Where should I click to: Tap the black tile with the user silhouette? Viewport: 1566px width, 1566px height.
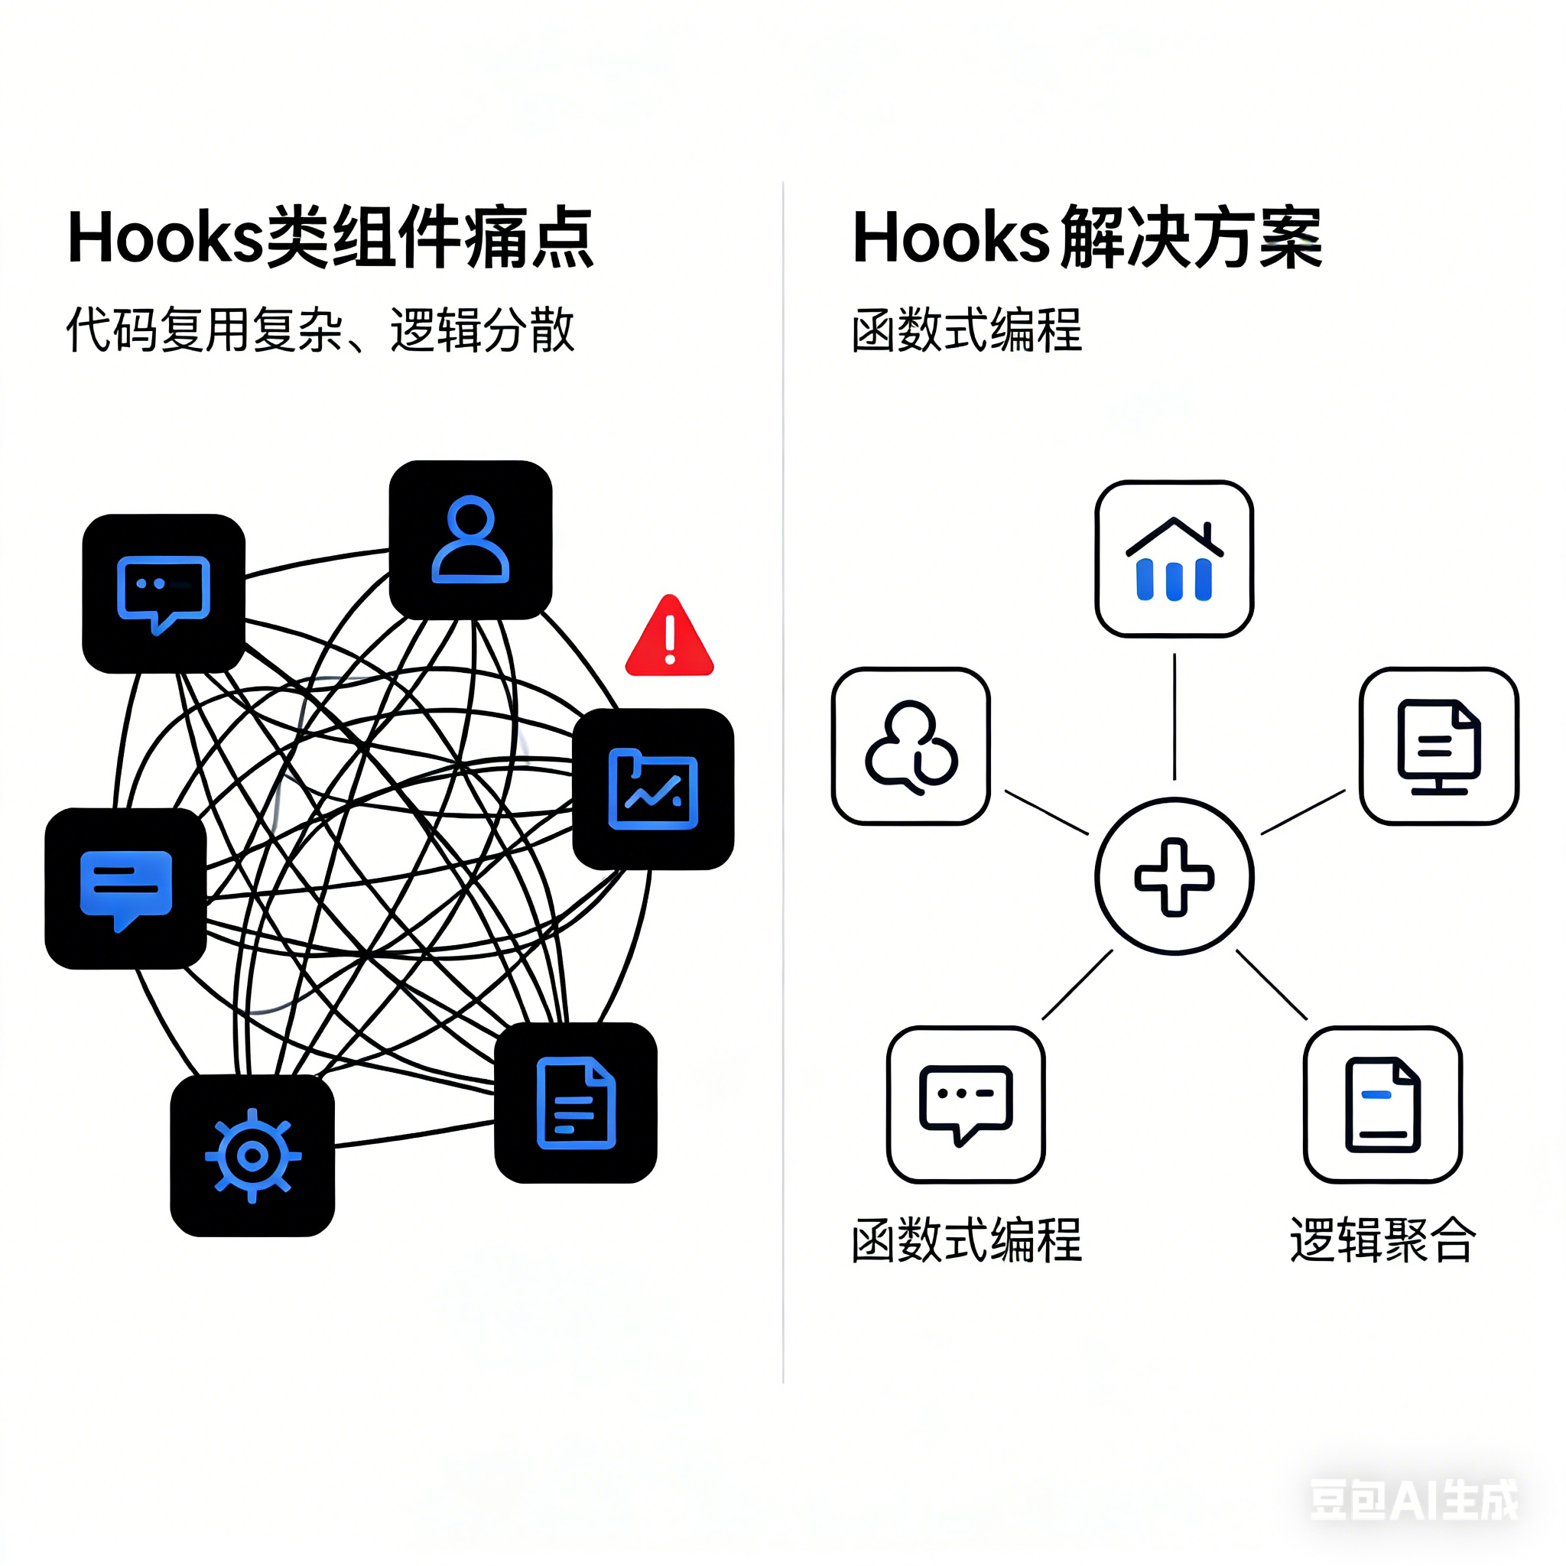[471, 540]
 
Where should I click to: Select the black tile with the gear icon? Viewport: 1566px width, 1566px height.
[252, 1156]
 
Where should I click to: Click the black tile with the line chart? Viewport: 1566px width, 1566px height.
[653, 789]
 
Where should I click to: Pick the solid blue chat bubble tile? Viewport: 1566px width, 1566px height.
[125, 889]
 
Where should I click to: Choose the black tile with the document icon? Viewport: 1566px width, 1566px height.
[576, 1103]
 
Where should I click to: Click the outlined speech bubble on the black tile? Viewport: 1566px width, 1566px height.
[164, 593]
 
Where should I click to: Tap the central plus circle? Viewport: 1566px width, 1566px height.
[1174, 877]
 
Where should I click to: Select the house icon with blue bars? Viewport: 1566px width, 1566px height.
[1174, 559]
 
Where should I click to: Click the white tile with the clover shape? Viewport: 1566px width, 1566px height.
[911, 746]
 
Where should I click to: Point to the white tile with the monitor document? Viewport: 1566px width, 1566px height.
[1439, 746]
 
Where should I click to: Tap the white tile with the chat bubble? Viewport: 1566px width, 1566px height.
[967, 1105]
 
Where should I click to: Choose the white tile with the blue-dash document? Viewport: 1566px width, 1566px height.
[1382, 1105]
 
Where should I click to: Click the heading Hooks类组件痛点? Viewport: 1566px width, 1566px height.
[330, 238]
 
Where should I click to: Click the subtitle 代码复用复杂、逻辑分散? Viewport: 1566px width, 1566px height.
[320, 330]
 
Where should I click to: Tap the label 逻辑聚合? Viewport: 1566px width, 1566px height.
[1382, 1240]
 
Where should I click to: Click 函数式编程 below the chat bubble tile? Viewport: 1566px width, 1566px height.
[967, 1240]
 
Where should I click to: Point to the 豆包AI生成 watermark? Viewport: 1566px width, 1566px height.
[1415, 1499]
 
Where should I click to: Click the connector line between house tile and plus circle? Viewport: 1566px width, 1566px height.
[1174, 716]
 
